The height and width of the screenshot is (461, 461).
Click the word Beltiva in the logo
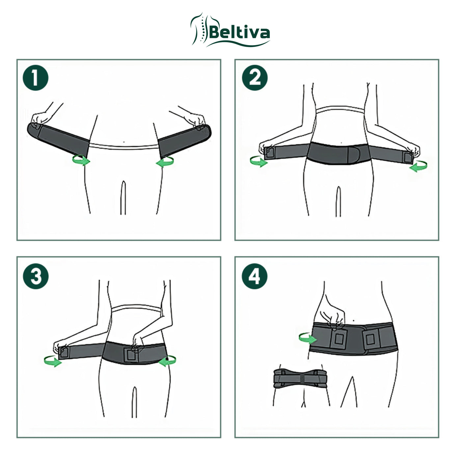pyautogui.click(x=239, y=33)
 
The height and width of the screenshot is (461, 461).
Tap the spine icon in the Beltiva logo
pyautogui.click(x=199, y=29)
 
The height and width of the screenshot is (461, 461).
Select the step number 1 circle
pyautogui.click(x=36, y=78)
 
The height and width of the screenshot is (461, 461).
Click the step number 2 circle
pyautogui.click(x=255, y=78)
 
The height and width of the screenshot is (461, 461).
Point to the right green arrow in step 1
pyautogui.click(x=165, y=162)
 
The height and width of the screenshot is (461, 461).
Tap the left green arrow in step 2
pyautogui.click(x=258, y=162)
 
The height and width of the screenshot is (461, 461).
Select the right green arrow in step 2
pyautogui.click(x=418, y=166)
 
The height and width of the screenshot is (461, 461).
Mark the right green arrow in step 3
pyautogui.click(x=167, y=361)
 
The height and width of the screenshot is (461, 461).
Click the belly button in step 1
pyautogui.click(x=124, y=142)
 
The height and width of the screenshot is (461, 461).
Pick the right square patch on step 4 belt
pyautogui.click(x=370, y=339)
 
